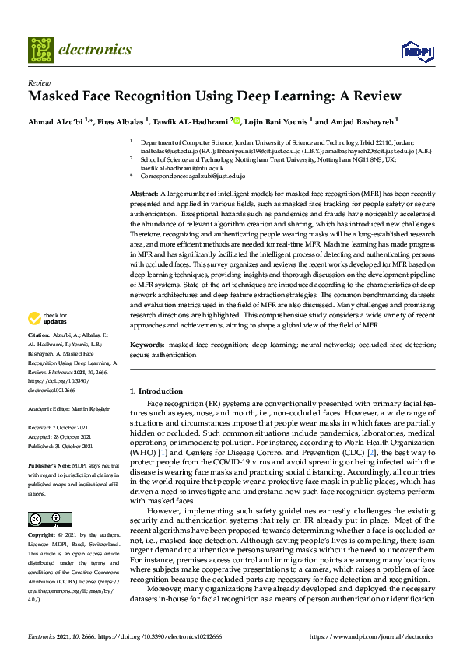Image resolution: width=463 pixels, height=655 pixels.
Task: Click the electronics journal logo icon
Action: (x=40, y=50)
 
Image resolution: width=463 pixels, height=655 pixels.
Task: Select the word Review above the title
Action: (x=38, y=82)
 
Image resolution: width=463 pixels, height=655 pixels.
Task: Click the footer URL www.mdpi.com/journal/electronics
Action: (x=375, y=636)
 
